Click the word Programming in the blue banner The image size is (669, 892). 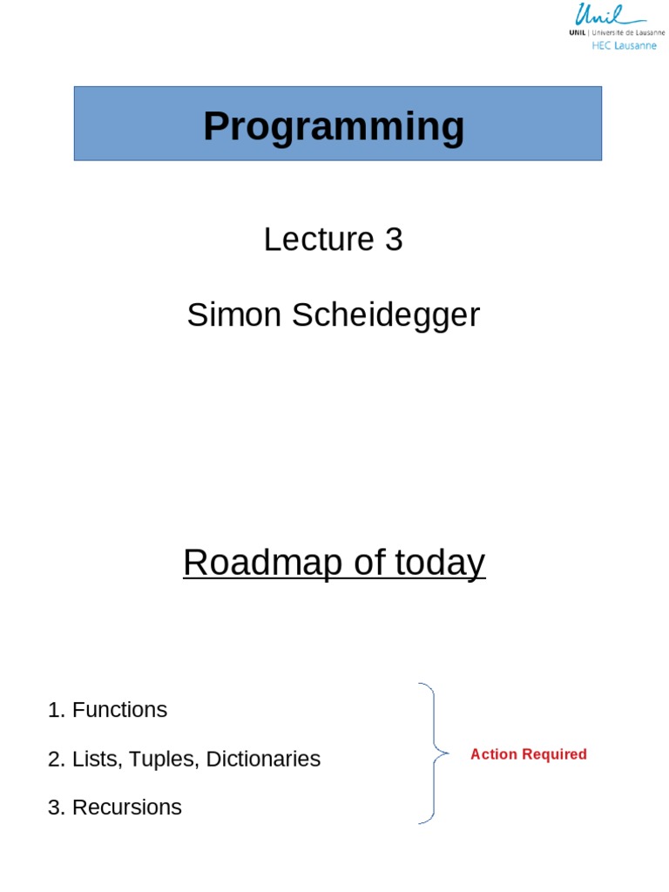pyautogui.click(x=334, y=127)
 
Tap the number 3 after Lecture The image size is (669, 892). pyautogui.click(x=394, y=240)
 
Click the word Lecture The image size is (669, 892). pyautogui.click(x=319, y=240)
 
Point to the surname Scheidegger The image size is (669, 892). pyautogui.click(x=386, y=315)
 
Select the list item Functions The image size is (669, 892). pyautogui.click(x=119, y=710)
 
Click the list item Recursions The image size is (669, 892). pyautogui.click(x=127, y=808)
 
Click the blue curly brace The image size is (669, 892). pyautogui.click(x=430, y=753)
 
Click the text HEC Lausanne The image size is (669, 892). pyautogui.click(x=624, y=45)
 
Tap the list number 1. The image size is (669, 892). pyautogui.click(x=54, y=710)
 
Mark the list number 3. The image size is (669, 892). pyautogui.click(x=54, y=808)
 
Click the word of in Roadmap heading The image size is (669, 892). pyautogui.click(x=368, y=564)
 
